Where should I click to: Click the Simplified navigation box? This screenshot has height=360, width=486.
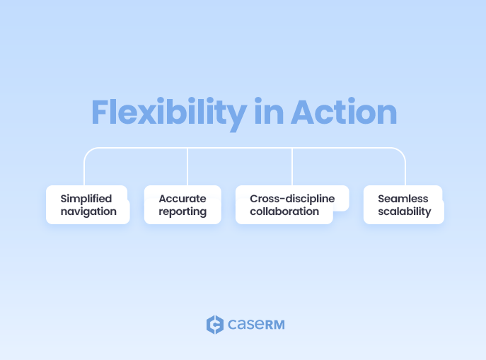[x=88, y=205]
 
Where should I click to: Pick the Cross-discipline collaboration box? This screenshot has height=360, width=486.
[x=291, y=205]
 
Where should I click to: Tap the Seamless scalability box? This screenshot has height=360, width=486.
[x=403, y=205]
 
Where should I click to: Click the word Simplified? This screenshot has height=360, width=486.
[x=86, y=199]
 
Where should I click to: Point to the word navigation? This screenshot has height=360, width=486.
[x=88, y=211]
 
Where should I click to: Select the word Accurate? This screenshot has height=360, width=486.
[x=182, y=199]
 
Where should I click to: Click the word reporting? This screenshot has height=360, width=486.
[x=183, y=211]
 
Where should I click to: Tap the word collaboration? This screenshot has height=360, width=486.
[x=284, y=211]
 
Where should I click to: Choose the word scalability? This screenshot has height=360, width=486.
[x=404, y=211]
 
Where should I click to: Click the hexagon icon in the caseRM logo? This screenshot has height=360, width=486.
[x=214, y=325]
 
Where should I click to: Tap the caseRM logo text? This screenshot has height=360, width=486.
[x=255, y=325]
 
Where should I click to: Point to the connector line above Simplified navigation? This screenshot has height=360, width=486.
[x=85, y=170]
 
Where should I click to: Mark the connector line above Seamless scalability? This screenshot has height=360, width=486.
[x=405, y=170]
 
